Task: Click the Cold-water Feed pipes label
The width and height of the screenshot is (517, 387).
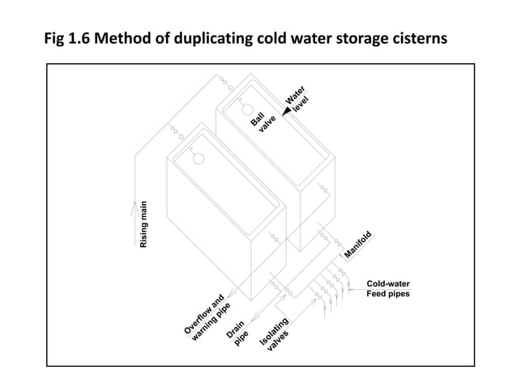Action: [388, 289]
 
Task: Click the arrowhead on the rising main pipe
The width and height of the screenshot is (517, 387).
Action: [133, 206]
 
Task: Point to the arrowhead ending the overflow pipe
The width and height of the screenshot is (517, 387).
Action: [233, 292]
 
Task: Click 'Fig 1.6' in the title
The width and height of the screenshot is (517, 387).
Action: [69, 38]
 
